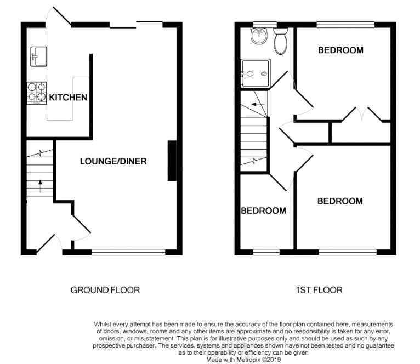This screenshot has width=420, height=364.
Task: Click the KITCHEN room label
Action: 68,97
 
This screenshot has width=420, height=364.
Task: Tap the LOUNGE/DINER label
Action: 113,161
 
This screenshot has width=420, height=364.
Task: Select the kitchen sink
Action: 38,56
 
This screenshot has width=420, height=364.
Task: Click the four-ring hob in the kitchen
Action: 37,93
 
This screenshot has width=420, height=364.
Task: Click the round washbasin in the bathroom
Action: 259,36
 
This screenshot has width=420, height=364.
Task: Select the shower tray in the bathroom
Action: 256,73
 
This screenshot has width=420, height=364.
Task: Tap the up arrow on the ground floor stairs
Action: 40,186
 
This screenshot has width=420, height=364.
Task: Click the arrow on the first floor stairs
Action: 258,104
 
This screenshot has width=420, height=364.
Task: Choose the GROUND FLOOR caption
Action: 105,290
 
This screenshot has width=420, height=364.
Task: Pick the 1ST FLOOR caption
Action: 319,290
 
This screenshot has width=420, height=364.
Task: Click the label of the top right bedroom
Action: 340,50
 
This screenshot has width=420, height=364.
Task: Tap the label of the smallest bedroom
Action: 263,211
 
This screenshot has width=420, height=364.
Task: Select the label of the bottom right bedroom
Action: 340,201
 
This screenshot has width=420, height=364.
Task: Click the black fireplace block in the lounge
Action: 172,161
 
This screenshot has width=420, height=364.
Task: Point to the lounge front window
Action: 128,252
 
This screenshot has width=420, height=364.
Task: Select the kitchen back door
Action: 58,16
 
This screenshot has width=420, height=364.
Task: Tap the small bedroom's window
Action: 266,252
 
